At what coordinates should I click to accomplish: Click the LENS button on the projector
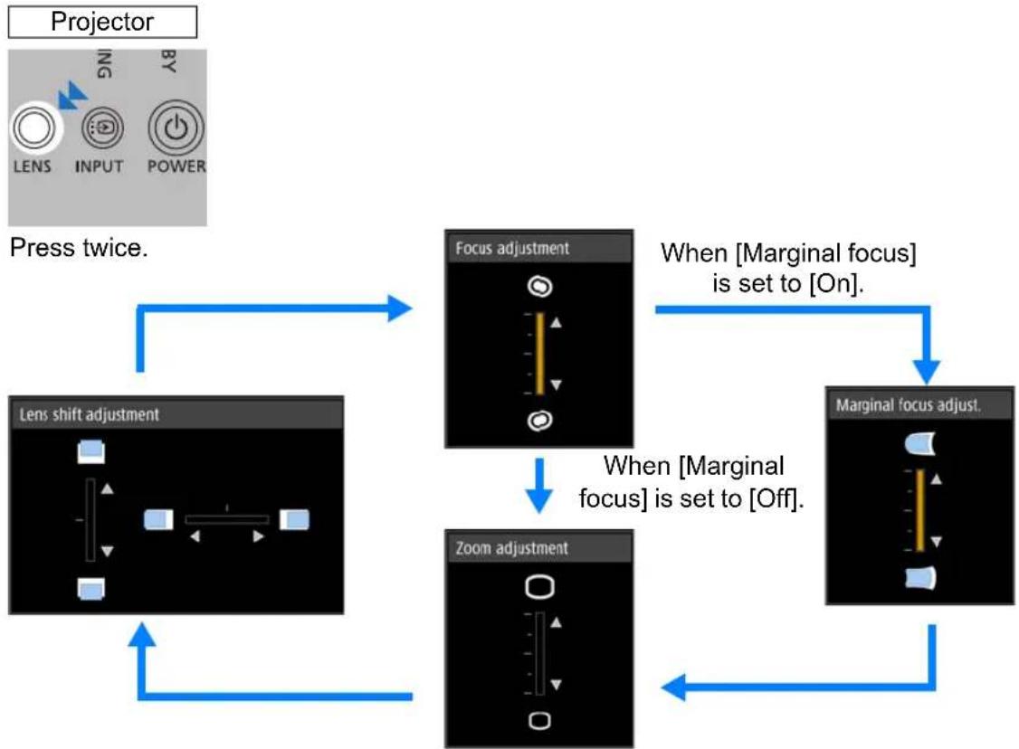coord(35,128)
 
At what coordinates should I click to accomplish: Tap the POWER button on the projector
coord(176,128)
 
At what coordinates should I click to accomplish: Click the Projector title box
coord(102,22)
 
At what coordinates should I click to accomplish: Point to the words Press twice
coord(80,248)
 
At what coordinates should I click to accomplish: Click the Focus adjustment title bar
coord(538,248)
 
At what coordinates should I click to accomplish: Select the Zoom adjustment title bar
coord(538,548)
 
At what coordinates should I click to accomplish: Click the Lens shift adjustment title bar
coord(176,414)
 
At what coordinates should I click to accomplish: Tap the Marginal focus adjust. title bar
coord(919,405)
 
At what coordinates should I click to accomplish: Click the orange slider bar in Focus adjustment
coord(540,354)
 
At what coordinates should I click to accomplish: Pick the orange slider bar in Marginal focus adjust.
coord(920,510)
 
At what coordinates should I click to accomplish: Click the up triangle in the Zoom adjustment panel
coord(557,622)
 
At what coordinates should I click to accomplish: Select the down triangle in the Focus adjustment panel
coord(557,384)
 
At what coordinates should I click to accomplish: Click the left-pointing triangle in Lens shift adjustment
coord(195,536)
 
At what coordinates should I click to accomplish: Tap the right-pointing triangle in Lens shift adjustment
coord(258,536)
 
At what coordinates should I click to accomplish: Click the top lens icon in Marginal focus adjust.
coord(920,443)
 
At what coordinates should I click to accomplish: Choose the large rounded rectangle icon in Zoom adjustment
coord(539,587)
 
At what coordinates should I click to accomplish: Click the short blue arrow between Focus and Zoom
coord(538,486)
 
